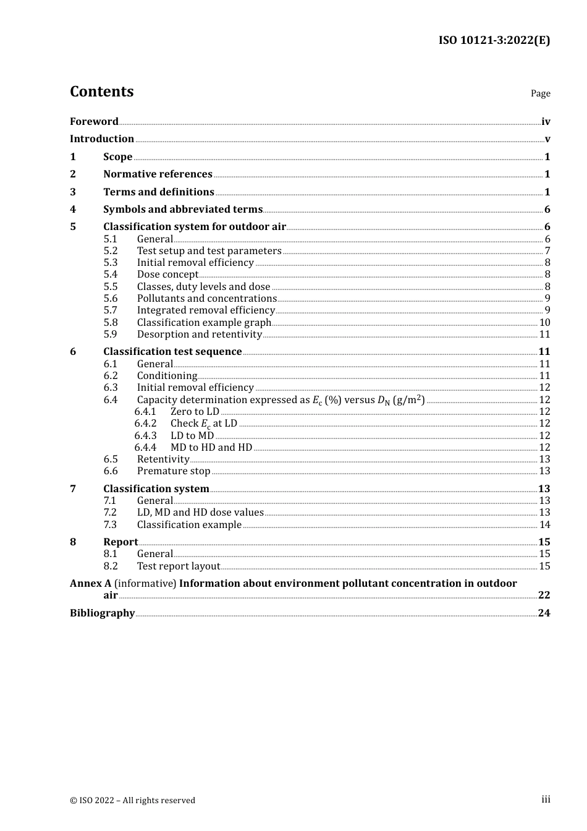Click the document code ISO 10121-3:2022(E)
pyautogui.click(x=494, y=40)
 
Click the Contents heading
pyautogui.click(x=101, y=92)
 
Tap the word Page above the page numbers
pyautogui.click(x=540, y=93)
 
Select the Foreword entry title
pyautogui.click(x=94, y=121)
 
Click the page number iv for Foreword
pyautogui.click(x=546, y=122)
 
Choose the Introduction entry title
pyautogui.click(x=102, y=138)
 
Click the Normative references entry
pyautogui.click(x=158, y=174)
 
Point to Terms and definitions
pyautogui.click(x=159, y=192)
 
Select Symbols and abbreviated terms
pyautogui.click(x=183, y=209)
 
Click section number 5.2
pyautogui.click(x=111, y=250)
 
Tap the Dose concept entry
pyautogui.click(x=167, y=274)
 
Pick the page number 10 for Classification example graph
pyautogui.click(x=544, y=322)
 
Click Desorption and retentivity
pyautogui.click(x=200, y=334)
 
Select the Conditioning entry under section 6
pyautogui.click(x=167, y=375)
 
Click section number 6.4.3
pyautogui.click(x=145, y=435)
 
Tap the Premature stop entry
pyautogui.click(x=174, y=471)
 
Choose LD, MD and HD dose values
pyautogui.click(x=200, y=512)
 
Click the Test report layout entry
pyautogui.click(x=179, y=566)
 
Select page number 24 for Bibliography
pyautogui.click(x=544, y=613)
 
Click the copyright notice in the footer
pyautogui.click(x=132, y=800)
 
